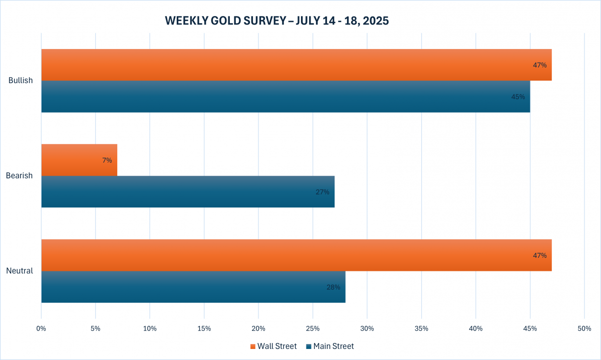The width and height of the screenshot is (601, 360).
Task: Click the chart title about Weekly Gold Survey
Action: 277,21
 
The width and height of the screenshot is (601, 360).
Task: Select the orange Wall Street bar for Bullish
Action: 296,65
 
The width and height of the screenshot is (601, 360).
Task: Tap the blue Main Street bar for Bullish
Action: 285,97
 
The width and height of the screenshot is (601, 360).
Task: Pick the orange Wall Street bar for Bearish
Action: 79,160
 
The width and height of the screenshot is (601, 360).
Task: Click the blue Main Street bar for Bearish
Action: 188,192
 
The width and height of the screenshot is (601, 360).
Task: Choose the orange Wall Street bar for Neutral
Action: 296,255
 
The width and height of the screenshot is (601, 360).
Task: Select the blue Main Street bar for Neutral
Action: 193,287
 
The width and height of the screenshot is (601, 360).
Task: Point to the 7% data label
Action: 107,160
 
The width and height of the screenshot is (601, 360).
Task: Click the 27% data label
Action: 322,192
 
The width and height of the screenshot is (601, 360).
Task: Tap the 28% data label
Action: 333,287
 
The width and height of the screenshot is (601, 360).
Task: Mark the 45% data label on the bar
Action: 518,97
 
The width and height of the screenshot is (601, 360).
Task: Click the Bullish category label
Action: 21,81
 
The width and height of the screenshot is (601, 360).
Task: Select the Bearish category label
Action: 20,176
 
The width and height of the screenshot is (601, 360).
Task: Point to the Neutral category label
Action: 20,271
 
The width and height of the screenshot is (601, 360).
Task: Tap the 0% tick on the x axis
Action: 41,328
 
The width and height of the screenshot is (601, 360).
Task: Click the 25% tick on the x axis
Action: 313,328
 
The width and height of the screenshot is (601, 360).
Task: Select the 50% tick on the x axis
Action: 584,328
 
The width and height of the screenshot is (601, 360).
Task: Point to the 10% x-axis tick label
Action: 150,328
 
